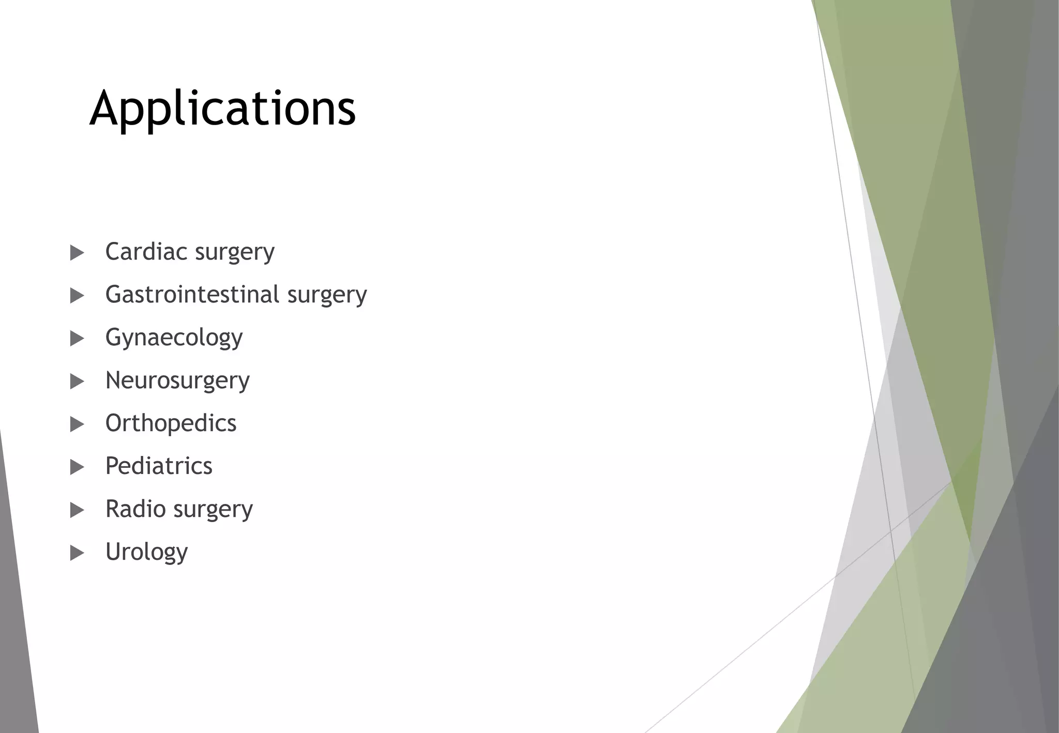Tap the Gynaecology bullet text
(174, 338)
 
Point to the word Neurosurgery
(177, 381)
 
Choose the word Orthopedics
(171, 423)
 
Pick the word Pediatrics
(159, 466)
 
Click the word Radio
(135, 509)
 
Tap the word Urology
(146, 552)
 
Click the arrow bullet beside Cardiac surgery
(77, 253)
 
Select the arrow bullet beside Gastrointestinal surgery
(77, 296)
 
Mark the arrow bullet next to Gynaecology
(77, 339)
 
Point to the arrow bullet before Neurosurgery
(77, 381)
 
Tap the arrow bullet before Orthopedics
(77, 424)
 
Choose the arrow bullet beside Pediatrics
(77, 467)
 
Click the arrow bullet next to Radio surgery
(77, 510)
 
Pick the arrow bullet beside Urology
(77, 553)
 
